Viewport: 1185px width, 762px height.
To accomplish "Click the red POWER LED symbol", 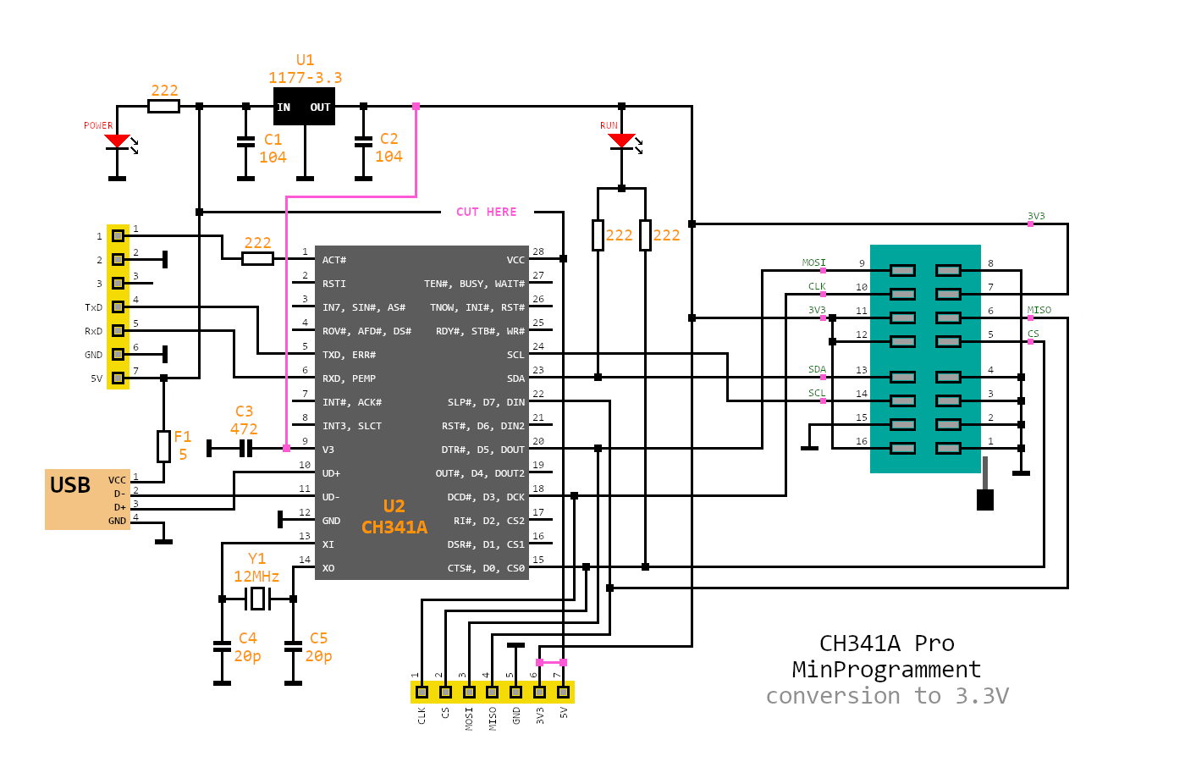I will click(x=117, y=141).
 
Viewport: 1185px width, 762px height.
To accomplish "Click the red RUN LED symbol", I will click(x=621, y=141).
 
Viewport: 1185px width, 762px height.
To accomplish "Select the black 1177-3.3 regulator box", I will click(x=304, y=108).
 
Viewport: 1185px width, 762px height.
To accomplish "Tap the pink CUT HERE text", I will click(x=486, y=212).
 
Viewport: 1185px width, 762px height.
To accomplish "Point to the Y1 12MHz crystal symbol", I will click(x=257, y=599).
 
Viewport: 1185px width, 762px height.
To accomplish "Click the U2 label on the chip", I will click(x=394, y=506).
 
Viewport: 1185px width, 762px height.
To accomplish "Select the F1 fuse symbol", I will click(x=163, y=446).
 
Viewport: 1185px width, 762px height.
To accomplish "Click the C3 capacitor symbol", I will click(x=245, y=448).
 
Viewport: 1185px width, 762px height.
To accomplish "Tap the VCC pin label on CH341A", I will click(x=515, y=260).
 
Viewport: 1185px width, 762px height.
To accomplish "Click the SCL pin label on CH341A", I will click(x=515, y=355).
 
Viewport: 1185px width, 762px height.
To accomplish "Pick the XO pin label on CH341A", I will click(x=328, y=568).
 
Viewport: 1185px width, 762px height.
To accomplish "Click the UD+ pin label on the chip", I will click(x=331, y=473).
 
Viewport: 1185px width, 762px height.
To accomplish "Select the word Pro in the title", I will click(x=934, y=643).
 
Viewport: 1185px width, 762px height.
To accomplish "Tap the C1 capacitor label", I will click(x=273, y=140).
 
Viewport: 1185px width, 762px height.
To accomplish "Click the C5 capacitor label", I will click(x=318, y=638).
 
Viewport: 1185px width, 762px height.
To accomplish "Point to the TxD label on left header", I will click(x=93, y=307).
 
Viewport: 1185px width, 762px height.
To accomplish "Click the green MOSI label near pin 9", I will click(x=813, y=263).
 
